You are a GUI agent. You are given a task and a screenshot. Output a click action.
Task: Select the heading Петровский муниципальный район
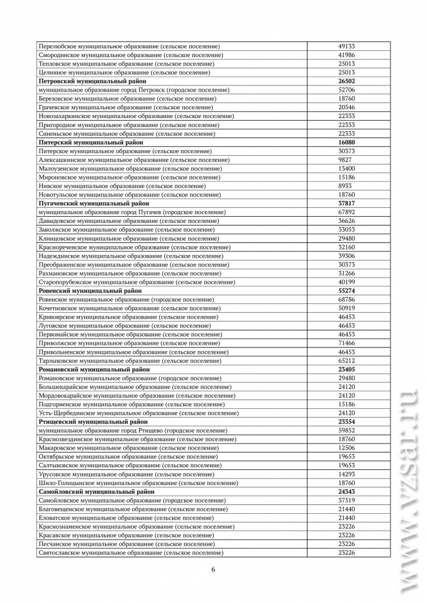[x=92, y=81]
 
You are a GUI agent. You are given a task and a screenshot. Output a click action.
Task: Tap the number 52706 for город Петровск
[x=347, y=90]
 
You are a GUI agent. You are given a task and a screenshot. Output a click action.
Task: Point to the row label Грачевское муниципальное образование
[x=126, y=107]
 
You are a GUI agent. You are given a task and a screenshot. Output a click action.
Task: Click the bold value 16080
[x=347, y=143]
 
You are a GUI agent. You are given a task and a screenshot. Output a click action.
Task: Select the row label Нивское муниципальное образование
[x=122, y=186]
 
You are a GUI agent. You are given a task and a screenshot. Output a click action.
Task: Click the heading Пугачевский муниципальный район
[x=94, y=204]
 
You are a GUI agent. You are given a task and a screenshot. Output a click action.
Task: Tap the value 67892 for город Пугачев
[x=347, y=212]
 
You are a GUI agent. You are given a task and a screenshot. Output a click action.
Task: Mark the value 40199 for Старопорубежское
[x=347, y=282]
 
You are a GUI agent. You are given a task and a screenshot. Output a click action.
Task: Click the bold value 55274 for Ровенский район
[x=347, y=291]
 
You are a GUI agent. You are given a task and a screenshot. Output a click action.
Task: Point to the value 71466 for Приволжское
[x=347, y=343]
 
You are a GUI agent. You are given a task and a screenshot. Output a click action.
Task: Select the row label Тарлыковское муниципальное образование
[x=130, y=361]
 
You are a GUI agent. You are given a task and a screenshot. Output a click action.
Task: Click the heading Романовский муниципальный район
[x=94, y=369]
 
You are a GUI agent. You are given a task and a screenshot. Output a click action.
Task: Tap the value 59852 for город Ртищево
[x=347, y=430]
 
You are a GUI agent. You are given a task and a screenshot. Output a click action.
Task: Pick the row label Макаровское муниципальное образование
[x=129, y=448]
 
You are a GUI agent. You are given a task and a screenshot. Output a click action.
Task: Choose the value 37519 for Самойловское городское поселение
[x=347, y=500]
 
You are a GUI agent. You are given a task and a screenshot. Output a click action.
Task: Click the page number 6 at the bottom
[x=213, y=569]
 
